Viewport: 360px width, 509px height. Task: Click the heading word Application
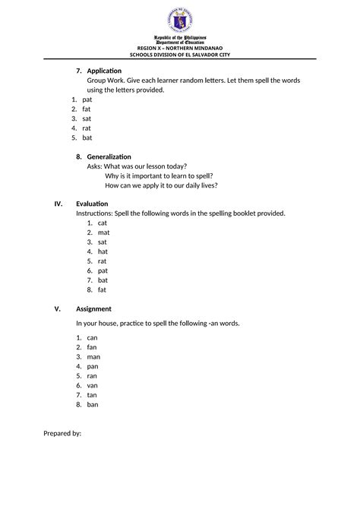104,71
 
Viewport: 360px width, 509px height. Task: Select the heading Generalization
109,156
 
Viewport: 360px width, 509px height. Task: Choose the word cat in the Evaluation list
103,223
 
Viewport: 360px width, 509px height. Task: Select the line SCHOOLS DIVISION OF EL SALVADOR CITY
180,55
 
